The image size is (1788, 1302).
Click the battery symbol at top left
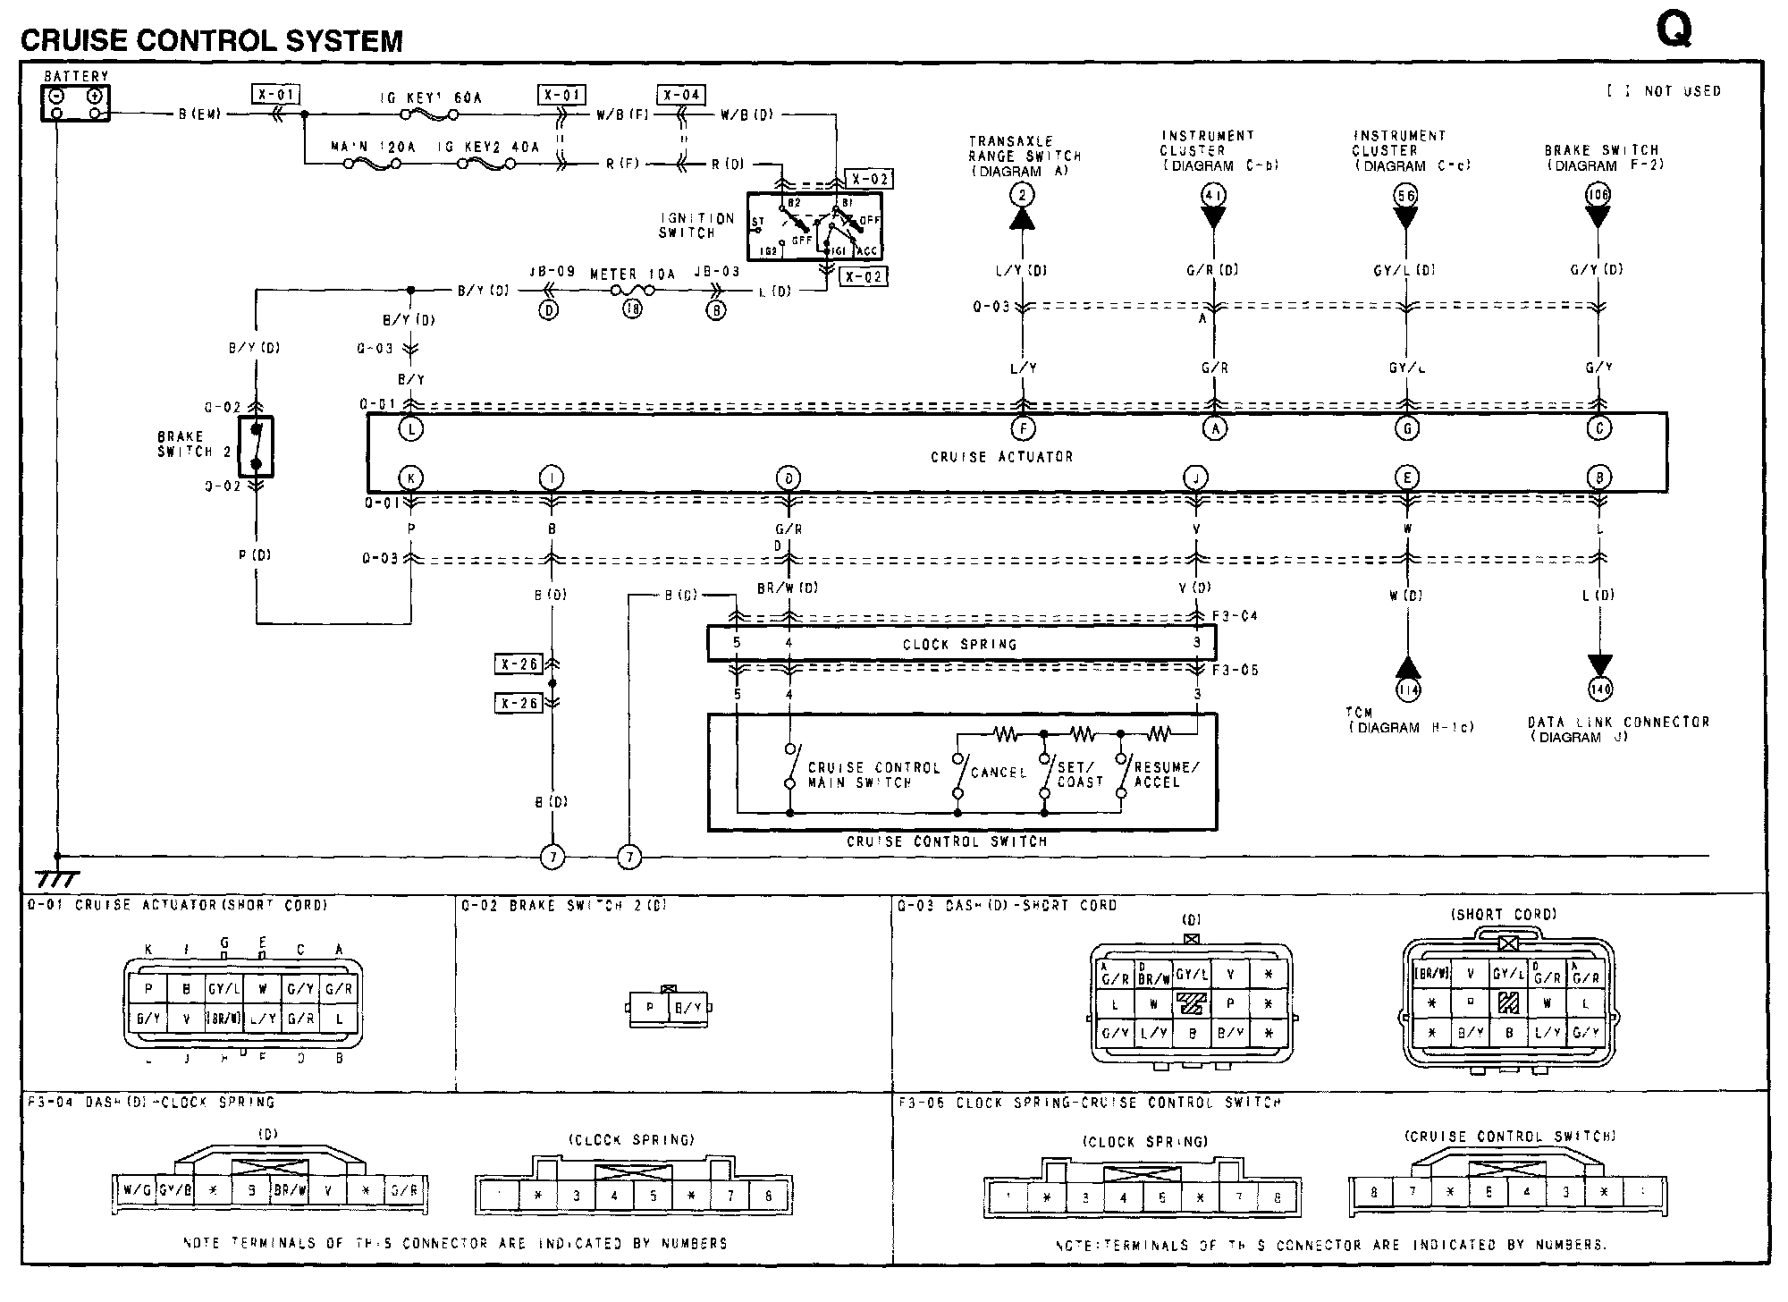coord(76,104)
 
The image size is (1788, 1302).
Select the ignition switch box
coord(814,226)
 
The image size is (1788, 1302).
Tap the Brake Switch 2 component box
coord(257,446)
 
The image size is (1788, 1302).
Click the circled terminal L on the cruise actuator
coord(411,429)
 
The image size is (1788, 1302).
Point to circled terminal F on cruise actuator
coord(1023,429)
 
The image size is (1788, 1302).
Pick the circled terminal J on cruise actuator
coord(1195,478)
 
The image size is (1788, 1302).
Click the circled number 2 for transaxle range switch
coord(1022,195)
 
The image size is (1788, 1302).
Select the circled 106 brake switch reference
coord(1598,195)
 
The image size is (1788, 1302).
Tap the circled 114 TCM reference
coord(1408,689)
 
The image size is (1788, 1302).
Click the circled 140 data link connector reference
coord(1600,689)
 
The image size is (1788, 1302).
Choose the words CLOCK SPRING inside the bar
coord(959,644)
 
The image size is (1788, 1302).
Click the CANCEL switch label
coord(999,773)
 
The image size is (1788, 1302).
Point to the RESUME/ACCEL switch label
coord(1167,774)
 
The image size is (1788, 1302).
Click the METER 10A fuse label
coord(632,275)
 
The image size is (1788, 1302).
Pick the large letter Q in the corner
coord(1674,31)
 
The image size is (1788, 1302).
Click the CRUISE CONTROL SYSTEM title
coord(212,40)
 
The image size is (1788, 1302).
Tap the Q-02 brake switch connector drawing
coord(668,1008)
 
